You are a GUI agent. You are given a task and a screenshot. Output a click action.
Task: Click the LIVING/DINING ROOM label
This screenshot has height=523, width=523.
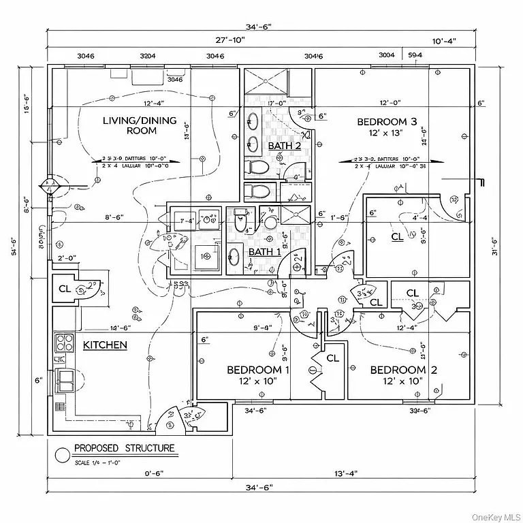[x=139, y=125]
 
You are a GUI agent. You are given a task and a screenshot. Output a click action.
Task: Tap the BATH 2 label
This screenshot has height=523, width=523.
[x=284, y=146]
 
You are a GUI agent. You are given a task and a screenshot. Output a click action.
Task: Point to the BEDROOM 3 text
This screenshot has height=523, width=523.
[x=387, y=122]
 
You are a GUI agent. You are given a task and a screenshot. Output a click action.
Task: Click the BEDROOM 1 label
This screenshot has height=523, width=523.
[x=258, y=370]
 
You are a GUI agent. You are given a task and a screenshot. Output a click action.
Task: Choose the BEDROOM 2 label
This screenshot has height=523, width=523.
[x=399, y=370]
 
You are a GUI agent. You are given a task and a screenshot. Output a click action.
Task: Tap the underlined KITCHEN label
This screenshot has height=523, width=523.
[x=105, y=345]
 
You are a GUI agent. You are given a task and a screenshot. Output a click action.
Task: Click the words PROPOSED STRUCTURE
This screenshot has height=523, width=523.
[x=124, y=448]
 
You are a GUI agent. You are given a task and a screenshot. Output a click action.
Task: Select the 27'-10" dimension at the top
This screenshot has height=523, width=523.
[x=229, y=40]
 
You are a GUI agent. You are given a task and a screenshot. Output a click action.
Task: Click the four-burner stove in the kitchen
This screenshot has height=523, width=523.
[x=64, y=341]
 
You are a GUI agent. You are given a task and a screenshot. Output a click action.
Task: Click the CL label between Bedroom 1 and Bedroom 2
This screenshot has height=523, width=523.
[x=332, y=358]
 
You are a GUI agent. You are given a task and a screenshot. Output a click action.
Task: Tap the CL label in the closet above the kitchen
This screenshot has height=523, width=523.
[x=65, y=288]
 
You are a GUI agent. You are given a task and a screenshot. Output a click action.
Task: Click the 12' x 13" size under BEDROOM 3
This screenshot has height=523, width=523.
[x=387, y=133]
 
